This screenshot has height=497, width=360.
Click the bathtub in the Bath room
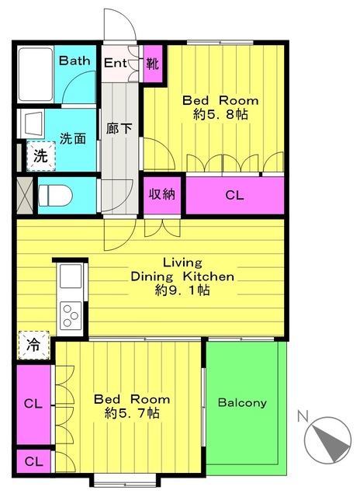[36, 75]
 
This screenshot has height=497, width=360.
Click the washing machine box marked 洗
[41, 156]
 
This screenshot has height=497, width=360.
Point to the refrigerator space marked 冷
[34, 345]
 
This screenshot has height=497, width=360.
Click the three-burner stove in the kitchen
[71, 315]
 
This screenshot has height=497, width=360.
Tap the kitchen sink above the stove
[71, 276]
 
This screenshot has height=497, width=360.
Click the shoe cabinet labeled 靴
[154, 64]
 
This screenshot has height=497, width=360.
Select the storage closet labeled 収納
[162, 195]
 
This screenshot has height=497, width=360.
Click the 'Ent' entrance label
[116, 63]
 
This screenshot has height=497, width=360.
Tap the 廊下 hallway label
[119, 128]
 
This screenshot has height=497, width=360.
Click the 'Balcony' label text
[242, 402]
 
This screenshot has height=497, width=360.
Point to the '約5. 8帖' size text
[220, 114]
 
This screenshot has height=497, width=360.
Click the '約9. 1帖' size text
[182, 290]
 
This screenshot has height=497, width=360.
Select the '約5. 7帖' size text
[132, 413]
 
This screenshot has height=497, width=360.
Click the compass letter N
[303, 416]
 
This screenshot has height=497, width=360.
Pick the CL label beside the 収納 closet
[234, 195]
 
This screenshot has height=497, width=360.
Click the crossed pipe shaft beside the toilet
[25, 195]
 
